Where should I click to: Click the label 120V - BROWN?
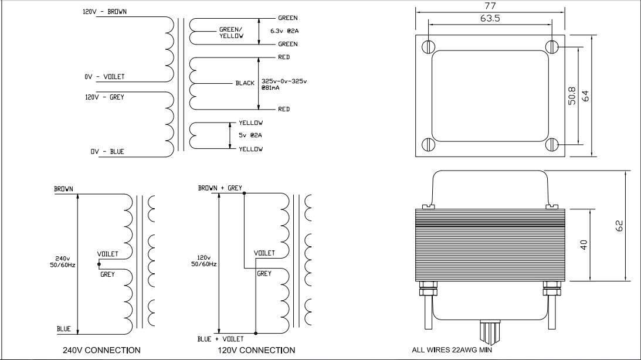105,12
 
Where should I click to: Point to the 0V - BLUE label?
107,152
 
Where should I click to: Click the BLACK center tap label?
245,83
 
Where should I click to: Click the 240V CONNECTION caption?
101,350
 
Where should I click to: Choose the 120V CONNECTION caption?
256,350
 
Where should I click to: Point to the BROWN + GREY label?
220,188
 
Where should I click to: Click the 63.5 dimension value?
490,18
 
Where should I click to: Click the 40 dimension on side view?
584,244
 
